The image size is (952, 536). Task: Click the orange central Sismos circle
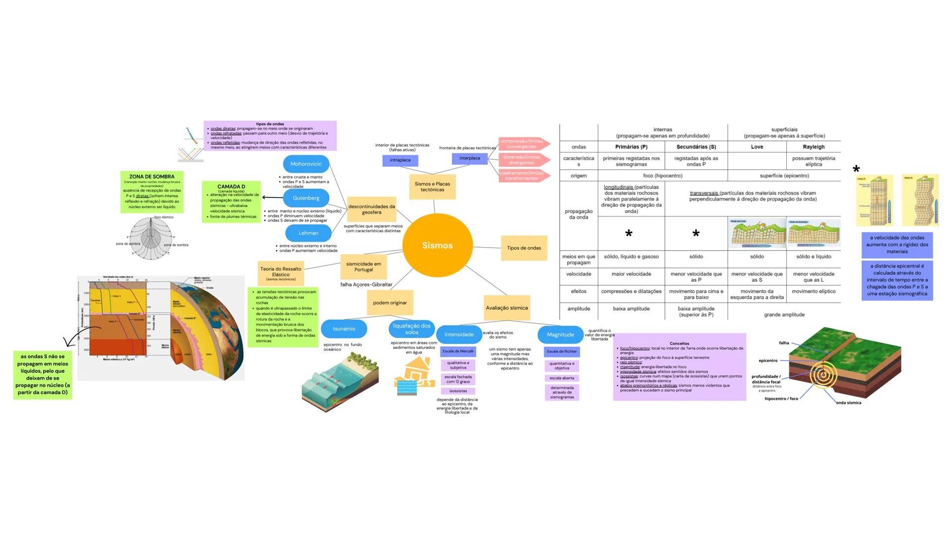point(437,245)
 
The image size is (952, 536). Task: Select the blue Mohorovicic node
point(306,164)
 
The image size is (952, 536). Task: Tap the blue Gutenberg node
point(306,198)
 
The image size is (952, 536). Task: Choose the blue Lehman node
point(308,233)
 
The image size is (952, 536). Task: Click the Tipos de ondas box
point(524,248)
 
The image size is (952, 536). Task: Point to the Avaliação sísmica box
point(507,308)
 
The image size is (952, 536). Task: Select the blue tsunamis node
point(344,329)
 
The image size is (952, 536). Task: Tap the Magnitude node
point(560,335)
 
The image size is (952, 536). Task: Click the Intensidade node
point(459,335)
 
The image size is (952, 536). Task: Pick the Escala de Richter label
point(562,351)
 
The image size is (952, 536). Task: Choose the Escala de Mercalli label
point(458,351)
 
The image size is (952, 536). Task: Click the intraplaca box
point(400,160)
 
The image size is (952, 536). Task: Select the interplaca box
point(469,158)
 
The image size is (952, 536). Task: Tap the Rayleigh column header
point(814,147)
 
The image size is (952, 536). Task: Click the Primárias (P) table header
point(631,147)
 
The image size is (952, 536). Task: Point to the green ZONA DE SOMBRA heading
point(152,177)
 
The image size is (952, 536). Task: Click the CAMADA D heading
point(231,187)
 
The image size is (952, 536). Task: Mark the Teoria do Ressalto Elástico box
point(281,272)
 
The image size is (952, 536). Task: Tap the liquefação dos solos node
point(412,329)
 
